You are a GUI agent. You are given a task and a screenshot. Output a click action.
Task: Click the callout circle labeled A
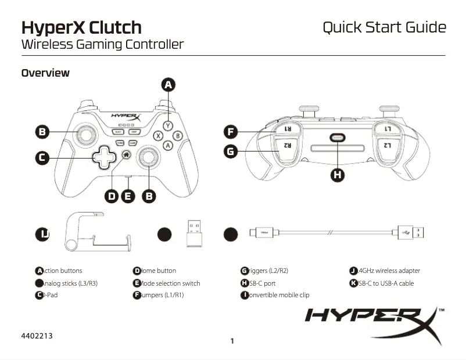[x=168, y=85]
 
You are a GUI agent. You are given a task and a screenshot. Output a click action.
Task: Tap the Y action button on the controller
[x=168, y=125]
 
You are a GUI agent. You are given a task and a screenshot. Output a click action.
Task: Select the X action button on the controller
[x=157, y=136]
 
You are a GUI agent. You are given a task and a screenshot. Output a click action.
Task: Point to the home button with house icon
[x=126, y=155]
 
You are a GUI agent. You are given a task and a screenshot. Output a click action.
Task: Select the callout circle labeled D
[x=112, y=196]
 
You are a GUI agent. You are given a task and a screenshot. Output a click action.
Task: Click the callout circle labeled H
[x=338, y=175]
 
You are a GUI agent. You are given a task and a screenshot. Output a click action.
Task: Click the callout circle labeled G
[x=231, y=152]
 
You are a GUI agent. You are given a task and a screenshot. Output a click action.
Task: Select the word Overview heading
[x=45, y=73]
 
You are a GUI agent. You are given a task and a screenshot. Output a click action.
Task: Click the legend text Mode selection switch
[x=170, y=283]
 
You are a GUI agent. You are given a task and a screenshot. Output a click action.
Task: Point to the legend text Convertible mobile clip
[x=278, y=295]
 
